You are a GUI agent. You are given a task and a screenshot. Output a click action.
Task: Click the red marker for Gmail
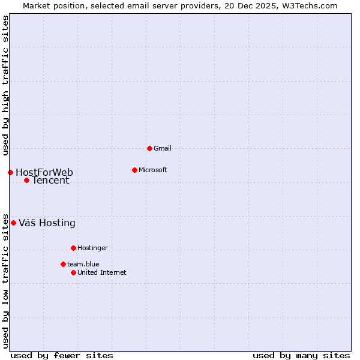(149, 148)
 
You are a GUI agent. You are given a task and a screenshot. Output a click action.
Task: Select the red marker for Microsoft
(134, 170)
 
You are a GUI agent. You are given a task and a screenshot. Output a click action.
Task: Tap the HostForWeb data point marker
(10, 172)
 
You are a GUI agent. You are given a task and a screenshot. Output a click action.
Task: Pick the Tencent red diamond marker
(26, 180)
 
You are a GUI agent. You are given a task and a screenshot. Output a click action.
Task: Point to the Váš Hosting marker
(13, 223)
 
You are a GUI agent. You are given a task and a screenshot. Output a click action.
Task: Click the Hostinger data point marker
(73, 248)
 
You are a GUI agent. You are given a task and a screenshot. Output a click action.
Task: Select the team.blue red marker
(63, 264)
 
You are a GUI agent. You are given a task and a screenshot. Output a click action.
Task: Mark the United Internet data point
(73, 272)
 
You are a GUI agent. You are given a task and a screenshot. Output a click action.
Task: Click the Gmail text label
(163, 148)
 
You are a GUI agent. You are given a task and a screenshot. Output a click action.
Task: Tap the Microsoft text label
(153, 170)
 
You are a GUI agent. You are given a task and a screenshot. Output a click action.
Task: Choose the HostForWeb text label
(44, 173)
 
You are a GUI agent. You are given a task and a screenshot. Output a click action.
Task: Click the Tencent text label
(50, 181)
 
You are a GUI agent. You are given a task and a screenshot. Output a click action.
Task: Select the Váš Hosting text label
(47, 223)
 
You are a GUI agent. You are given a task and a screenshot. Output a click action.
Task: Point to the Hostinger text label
(92, 248)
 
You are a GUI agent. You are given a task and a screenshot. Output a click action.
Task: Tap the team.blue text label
(83, 264)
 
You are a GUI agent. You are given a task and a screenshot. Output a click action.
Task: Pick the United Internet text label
(102, 272)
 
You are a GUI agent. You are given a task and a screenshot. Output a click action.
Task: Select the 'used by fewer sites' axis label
(62, 355)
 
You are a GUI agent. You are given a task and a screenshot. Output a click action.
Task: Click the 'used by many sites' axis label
(301, 355)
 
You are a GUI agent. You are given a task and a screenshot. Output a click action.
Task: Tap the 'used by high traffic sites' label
(5, 85)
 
